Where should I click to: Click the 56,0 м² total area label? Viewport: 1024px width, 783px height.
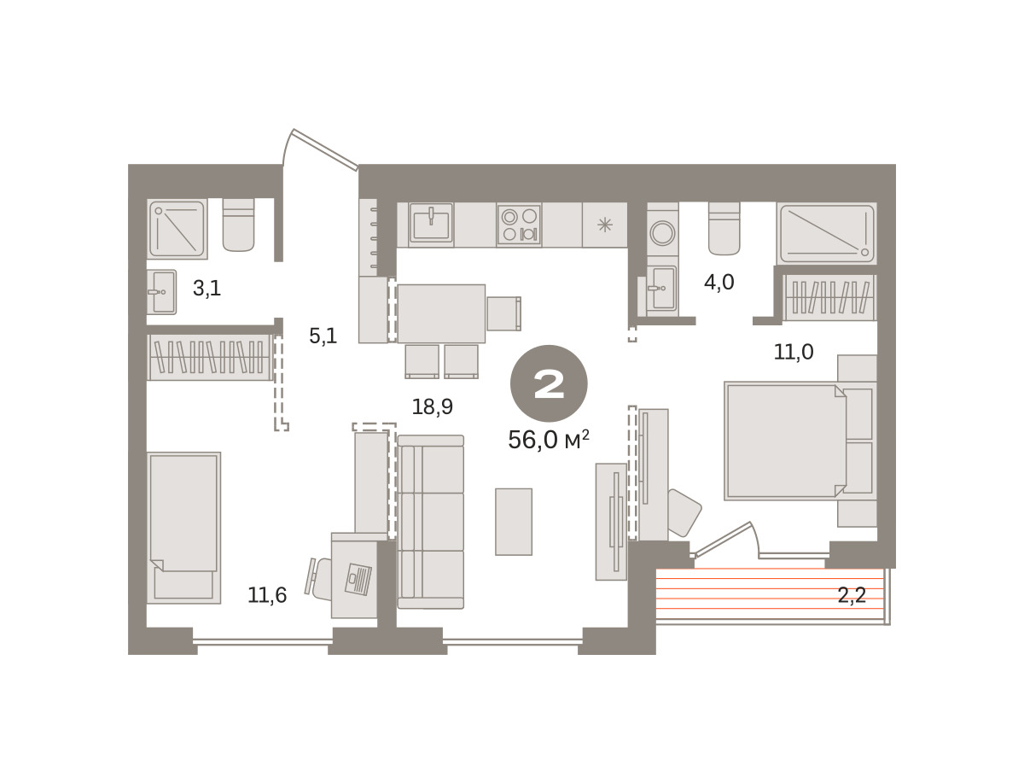[x=548, y=440]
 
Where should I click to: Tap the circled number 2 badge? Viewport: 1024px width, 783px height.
[x=549, y=383]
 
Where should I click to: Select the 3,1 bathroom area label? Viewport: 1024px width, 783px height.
[x=207, y=289]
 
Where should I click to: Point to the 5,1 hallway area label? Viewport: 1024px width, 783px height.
[x=323, y=336]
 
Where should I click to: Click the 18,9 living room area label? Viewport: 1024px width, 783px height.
[x=432, y=407]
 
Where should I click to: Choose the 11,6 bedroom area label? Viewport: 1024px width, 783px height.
[x=267, y=595]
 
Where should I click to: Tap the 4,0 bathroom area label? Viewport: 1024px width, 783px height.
[x=719, y=283]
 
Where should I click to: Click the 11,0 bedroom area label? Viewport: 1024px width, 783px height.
[x=794, y=352]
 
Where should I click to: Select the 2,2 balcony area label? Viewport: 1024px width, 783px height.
[x=852, y=595]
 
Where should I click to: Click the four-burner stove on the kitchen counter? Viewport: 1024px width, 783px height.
[x=519, y=225]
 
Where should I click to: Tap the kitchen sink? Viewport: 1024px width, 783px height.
[x=431, y=224]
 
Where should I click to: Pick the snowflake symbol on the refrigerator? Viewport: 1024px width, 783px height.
[x=605, y=225]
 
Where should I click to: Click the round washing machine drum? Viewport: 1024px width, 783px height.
[x=662, y=233]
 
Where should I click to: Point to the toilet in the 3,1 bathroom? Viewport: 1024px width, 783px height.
[x=238, y=225]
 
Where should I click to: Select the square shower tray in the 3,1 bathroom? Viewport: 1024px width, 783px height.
[x=177, y=229]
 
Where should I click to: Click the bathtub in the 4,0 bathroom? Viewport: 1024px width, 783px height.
[x=827, y=233]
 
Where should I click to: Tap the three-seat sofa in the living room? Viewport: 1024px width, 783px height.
[x=431, y=523]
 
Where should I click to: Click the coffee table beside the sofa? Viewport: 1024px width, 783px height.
[x=514, y=523]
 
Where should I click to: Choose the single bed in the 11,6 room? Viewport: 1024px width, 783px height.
[x=183, y=528]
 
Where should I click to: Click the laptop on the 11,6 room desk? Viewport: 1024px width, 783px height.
[x=358, y=579]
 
